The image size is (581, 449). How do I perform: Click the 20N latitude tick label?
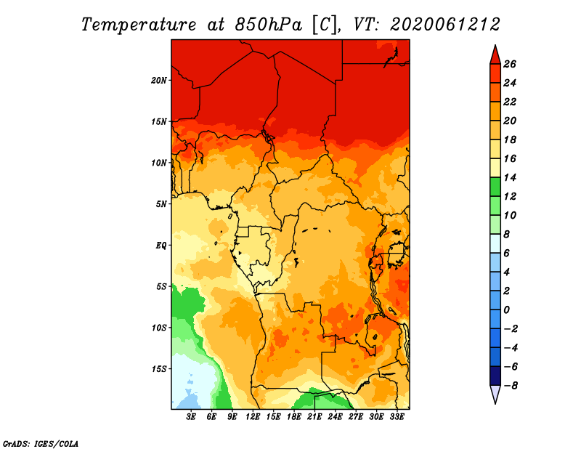tap(158, 80)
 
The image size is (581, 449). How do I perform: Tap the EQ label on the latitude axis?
tap(161, 245)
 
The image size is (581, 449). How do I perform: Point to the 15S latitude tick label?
tap(158, 369)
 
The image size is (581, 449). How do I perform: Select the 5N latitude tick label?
tap(161, 204)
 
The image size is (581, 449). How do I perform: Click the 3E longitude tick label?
tap(191, 417)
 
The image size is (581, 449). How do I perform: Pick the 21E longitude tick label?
tap(314, 417)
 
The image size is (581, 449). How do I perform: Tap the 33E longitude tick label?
tap(397, 417)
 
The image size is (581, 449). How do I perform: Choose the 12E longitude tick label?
tap(252, 417)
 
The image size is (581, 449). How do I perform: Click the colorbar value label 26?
tap(510, 64)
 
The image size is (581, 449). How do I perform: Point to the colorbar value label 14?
tap(510, 177)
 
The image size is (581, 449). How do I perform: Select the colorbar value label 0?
tap(506, 310)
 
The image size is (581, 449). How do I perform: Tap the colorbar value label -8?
tap(511, 386)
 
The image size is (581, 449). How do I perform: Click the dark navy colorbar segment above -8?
tap(495, 376)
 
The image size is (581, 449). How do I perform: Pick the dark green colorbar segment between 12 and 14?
tap(495, 187)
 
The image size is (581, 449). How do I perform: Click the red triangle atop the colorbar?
tap(495, 55)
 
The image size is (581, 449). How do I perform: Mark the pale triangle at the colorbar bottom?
tap(495, 395)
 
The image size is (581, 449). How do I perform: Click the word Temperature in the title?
tap(139, 25)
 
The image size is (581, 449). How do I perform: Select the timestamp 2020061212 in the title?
tap(445, 25)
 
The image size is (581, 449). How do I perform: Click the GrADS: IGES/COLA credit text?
tap(41, 443)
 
